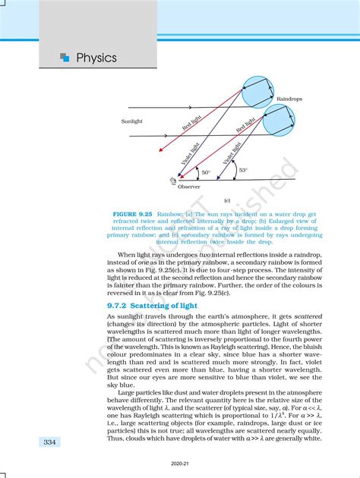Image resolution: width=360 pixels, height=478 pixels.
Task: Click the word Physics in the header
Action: click(x=96, y=58)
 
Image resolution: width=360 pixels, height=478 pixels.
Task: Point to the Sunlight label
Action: click(x=134, y=121)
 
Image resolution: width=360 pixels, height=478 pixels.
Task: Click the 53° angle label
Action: click(x=242, y=171)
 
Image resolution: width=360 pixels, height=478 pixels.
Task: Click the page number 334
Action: click(x=49, y=442)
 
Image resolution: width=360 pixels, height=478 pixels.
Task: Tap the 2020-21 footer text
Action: click(x=180, y=470)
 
